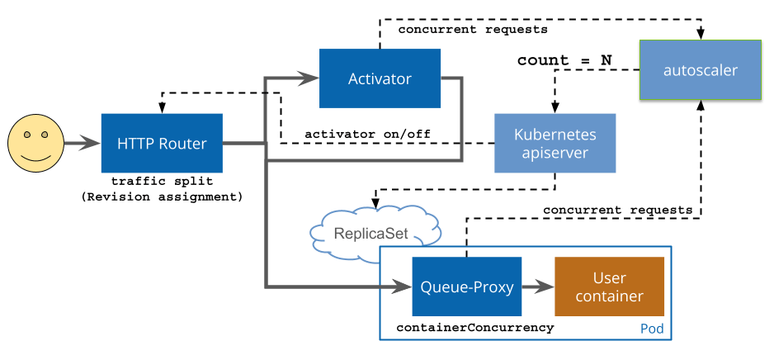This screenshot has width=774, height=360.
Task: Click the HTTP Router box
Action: click(162, 143)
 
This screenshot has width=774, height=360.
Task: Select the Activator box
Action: click(380, 78)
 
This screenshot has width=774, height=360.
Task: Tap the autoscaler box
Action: click(700, 70)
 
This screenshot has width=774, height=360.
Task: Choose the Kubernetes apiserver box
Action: click(555, 143)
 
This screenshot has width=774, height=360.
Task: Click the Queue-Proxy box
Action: click(467, 287)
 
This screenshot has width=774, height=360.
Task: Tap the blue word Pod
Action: click(652, 329)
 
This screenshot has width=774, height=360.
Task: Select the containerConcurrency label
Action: click(475, 328)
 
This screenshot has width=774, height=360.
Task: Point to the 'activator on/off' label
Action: click(367, 133)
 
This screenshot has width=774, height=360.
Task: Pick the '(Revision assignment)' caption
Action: click(162, 196)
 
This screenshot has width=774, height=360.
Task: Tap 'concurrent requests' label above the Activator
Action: click(473, 30)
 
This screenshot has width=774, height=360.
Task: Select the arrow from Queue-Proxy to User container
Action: click(538, 287)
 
